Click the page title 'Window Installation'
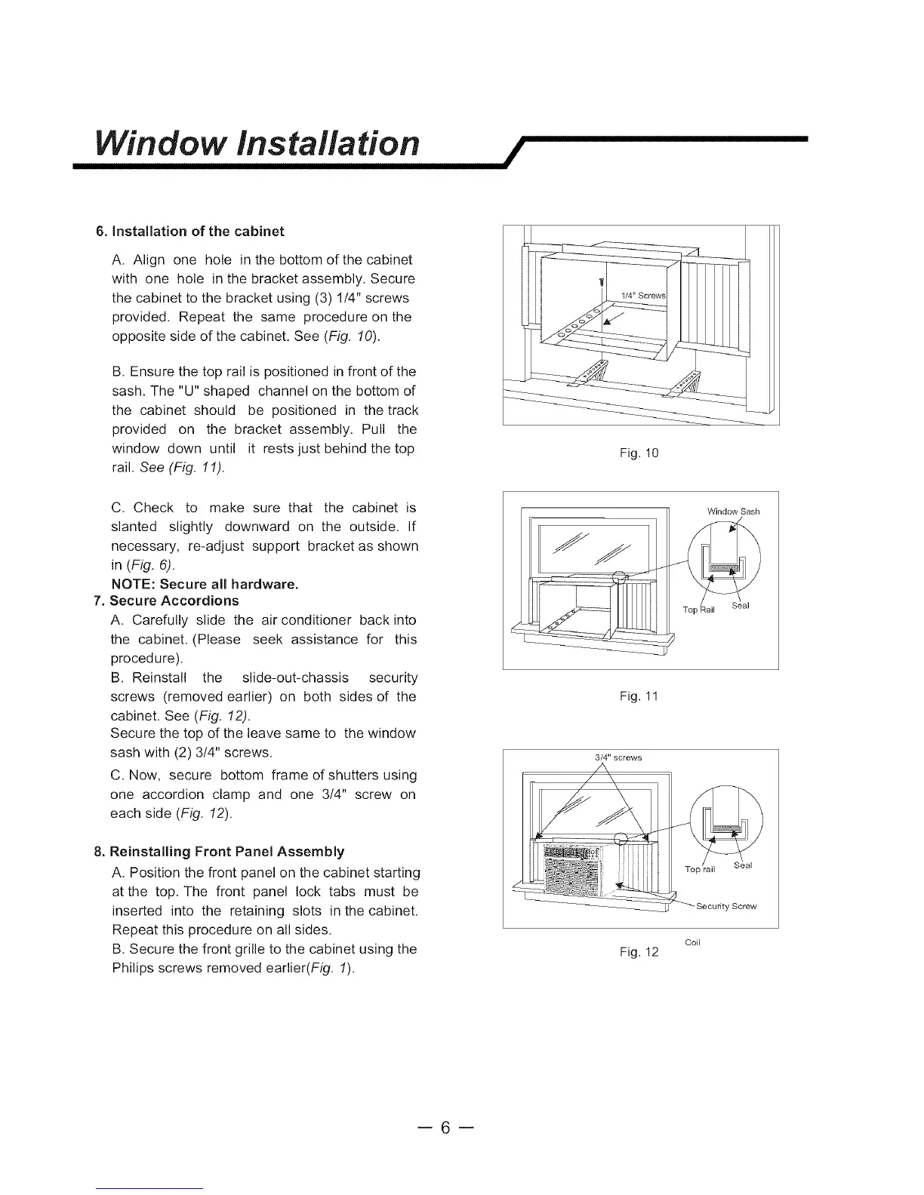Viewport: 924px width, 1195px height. (255, 143)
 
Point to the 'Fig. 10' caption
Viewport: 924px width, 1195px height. (639, 453)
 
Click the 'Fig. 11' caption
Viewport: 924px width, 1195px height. (639, 696)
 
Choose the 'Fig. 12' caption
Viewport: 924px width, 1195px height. (639, 952)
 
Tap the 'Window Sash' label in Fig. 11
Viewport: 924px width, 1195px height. (733, 511)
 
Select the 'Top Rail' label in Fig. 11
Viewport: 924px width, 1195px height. (698, 610)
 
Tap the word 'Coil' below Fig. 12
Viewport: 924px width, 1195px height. (693, 942)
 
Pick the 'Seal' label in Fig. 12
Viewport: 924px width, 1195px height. (743, 865)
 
